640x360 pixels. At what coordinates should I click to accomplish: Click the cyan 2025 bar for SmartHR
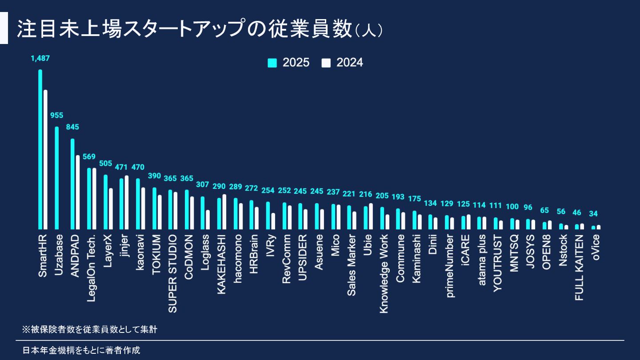point(40,149)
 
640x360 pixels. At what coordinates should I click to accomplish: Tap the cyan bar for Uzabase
point(56,178)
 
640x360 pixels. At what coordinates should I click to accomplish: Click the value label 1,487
point(40,58)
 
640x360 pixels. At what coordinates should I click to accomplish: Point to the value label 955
point(56,116)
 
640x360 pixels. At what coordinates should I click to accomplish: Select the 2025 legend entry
point(289,63)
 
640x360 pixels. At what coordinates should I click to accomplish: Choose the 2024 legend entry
point(343,63)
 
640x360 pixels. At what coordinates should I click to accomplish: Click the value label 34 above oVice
point(593,214)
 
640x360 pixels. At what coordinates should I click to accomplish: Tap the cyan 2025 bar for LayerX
point(105,202)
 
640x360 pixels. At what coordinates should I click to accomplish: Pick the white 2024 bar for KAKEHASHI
point(224,212)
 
